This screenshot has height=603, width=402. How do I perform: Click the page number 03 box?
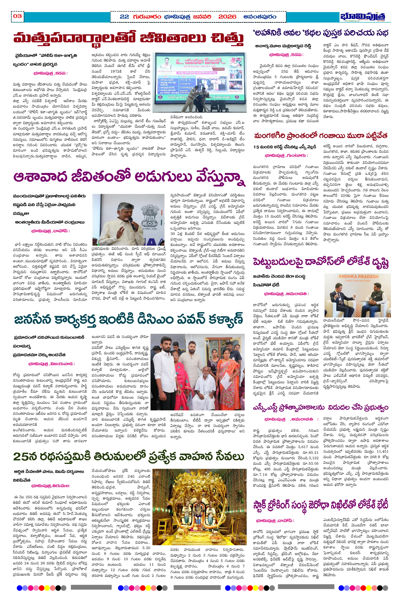[x=17, y=16]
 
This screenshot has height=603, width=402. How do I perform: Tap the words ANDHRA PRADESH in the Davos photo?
[x=358, y=276]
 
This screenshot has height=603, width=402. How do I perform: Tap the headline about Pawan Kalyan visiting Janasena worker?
[x=128, y=319]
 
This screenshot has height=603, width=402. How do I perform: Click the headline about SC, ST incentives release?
[x=320, y=407]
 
